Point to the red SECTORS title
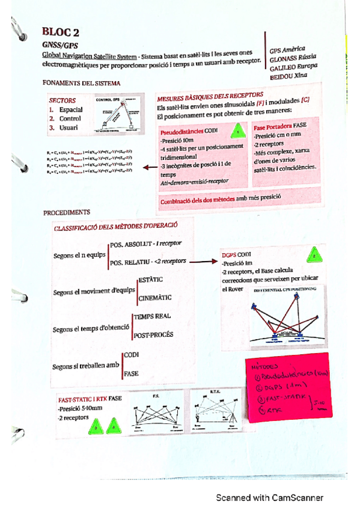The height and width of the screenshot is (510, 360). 62,100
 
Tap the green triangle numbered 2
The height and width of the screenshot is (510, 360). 313,257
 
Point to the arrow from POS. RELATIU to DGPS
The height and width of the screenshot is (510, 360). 201,262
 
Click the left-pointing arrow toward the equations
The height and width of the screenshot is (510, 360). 147,168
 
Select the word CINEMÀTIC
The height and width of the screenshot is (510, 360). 154,297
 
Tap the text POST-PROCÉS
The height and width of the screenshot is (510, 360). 154,334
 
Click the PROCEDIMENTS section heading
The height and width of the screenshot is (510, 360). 67,212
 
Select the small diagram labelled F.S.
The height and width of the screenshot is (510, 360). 154,414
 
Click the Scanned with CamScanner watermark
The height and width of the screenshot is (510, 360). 270,497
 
